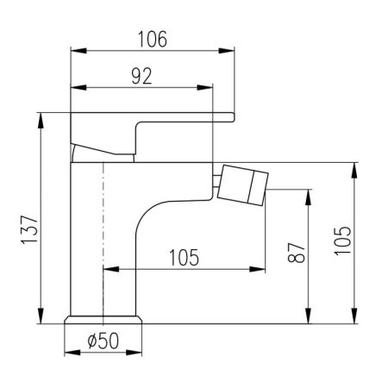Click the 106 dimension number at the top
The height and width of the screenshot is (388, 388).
pos(153,39)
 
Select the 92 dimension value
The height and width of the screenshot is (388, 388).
pos(141,76)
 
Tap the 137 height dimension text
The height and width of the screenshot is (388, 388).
pos(29,229)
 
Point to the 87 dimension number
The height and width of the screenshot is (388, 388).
pos(296,253)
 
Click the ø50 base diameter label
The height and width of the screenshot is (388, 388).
pos(103,341)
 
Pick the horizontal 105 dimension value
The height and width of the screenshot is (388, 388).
pos(184,258)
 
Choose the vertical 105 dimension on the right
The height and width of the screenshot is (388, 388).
pos(342,241)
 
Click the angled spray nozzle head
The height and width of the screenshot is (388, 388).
pos(243,185)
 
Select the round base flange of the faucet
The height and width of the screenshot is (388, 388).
pos(103,320)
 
